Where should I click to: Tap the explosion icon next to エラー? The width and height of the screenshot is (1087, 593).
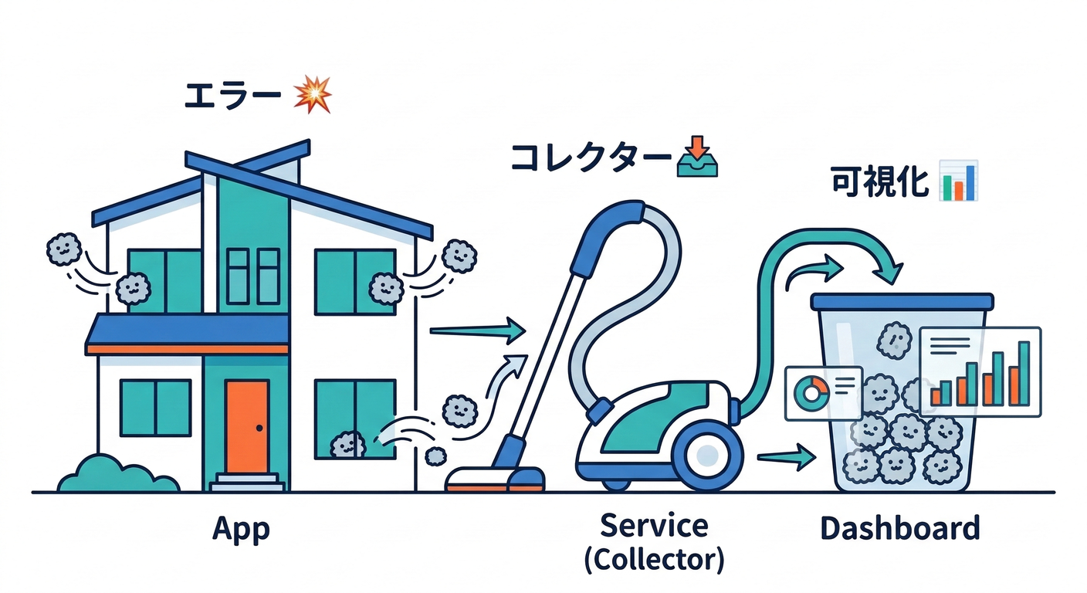313,96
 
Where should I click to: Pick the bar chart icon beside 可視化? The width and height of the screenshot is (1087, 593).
959,181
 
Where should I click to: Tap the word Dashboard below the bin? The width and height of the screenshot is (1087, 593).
899,529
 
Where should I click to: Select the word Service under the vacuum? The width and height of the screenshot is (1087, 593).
654,526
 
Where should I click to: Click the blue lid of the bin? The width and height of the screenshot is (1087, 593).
902,301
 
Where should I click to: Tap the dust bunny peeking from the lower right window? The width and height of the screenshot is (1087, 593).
347,446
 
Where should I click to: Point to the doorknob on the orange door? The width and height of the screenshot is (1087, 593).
259,428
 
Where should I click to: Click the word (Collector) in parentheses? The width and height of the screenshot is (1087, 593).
654,560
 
